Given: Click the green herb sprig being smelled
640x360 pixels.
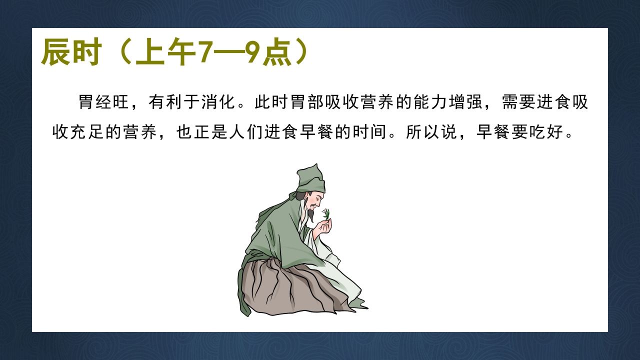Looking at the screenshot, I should point(326,214).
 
